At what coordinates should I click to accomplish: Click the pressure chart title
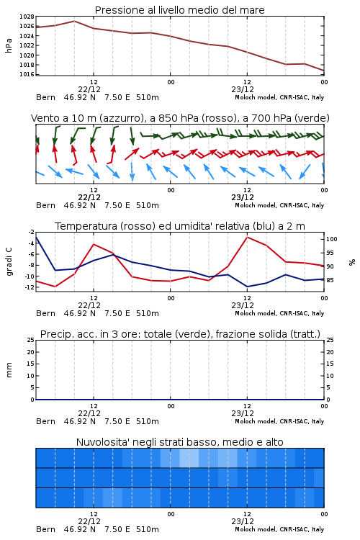(179, 10)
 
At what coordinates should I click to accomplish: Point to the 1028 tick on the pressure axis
(27, 17)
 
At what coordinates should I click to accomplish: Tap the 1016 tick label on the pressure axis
(27, 74)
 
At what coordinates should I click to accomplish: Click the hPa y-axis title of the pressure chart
(9, 45)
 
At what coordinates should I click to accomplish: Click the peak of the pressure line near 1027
(74, 21)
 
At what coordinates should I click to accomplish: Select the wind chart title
(180, 118)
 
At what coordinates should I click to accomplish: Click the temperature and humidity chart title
(179, 226)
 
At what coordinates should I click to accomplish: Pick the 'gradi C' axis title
(9, 262)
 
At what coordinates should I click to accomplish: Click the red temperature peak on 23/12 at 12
(247, 237)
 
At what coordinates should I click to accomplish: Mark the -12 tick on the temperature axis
(31, 287)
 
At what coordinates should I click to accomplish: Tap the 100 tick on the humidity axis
(331, 239)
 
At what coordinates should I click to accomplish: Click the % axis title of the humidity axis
(351, 262)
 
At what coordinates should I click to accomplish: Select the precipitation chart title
(180, 334)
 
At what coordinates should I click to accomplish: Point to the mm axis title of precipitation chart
(9, 370)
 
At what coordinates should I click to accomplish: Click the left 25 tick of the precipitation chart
(31, 340)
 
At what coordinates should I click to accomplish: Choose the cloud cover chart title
(179, 442)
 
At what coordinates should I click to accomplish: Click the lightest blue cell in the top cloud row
(189, 458)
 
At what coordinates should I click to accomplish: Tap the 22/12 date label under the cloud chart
(89, 521)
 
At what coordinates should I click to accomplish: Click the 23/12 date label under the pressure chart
(243, 89)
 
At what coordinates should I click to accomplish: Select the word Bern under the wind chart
(45, 205)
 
